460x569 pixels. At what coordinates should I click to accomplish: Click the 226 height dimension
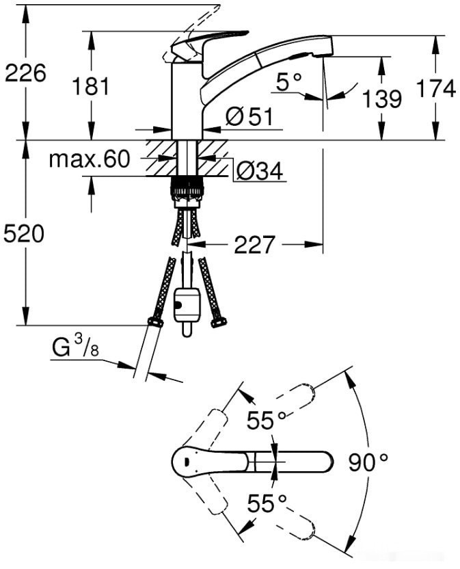pos(25,72)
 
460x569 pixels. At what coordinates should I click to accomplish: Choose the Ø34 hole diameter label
pos(259,171)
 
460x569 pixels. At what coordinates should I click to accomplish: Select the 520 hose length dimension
pos(24,234)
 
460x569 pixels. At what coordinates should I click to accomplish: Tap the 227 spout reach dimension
pos(254,244)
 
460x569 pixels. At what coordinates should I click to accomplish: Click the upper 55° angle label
pos(266,421)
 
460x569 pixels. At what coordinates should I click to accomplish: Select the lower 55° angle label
pos(266,505)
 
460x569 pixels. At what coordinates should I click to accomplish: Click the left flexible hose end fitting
pos(154,321)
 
